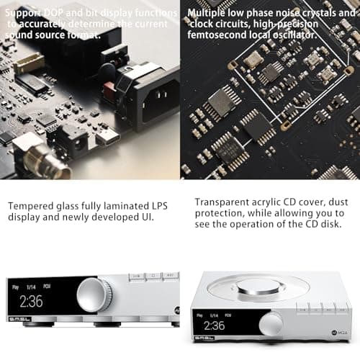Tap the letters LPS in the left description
[x=164, y=206]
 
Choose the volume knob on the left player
[x=94, y=295]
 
